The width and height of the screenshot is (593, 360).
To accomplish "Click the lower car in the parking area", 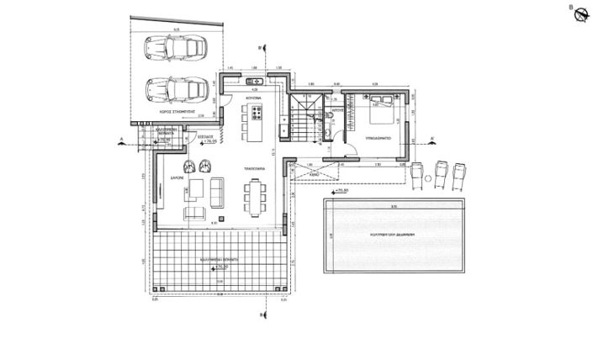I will pos(174,87).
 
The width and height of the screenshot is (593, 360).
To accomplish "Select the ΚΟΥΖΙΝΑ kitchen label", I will pos(255,98).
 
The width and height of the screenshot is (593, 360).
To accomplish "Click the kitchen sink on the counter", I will pos(256,82).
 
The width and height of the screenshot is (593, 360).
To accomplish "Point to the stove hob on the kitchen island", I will pos(255,114).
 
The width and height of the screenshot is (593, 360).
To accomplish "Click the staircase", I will pos(299,119).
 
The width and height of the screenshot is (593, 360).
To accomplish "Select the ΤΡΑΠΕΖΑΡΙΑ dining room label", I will pos(256,168).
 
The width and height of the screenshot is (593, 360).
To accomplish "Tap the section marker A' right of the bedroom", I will pos(432,138).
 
